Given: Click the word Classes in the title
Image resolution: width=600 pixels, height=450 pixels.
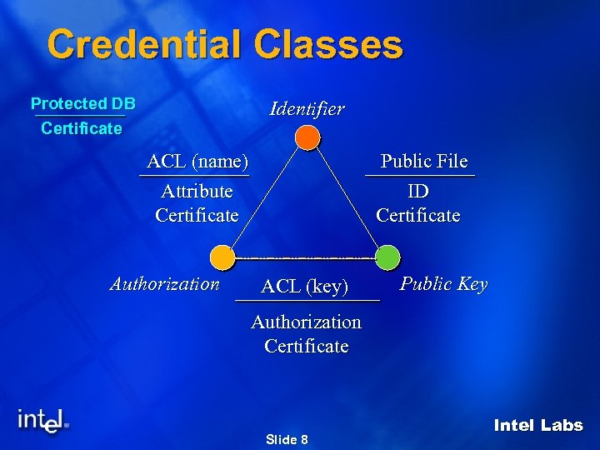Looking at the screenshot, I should (323, 44).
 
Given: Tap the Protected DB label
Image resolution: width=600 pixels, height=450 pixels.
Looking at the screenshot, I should (82, 104).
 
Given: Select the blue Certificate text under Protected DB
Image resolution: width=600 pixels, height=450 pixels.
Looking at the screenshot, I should (82, 128).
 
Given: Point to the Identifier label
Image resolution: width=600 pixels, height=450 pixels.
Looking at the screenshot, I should (307, 108).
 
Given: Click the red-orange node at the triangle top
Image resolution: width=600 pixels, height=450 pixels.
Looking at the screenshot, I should (307, 137).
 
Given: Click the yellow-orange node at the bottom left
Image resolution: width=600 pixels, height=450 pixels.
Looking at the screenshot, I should (222, 257).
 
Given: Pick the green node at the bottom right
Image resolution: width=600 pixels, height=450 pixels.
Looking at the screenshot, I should (387, 257).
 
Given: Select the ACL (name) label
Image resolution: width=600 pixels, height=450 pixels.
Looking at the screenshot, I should (197, 161).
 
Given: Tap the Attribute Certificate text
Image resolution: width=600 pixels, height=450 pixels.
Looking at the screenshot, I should (197, 203).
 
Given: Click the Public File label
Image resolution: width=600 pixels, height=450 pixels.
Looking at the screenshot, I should (424, 161).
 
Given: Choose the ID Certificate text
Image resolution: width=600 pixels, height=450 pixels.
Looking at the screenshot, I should (418, 203).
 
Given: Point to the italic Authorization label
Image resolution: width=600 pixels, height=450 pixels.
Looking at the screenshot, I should (165, 283).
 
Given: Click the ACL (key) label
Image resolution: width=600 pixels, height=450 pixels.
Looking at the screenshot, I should (304, 287).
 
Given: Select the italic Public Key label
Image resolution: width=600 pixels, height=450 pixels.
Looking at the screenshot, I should (443, 283).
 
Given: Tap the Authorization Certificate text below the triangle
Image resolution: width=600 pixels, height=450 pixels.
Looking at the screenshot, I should (306, 333).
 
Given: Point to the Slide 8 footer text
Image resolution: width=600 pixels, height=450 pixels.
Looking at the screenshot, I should (287, 439).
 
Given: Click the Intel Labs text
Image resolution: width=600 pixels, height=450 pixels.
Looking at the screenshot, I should (538, 425).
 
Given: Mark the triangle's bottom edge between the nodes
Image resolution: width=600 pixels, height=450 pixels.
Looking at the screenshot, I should (305, 257).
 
